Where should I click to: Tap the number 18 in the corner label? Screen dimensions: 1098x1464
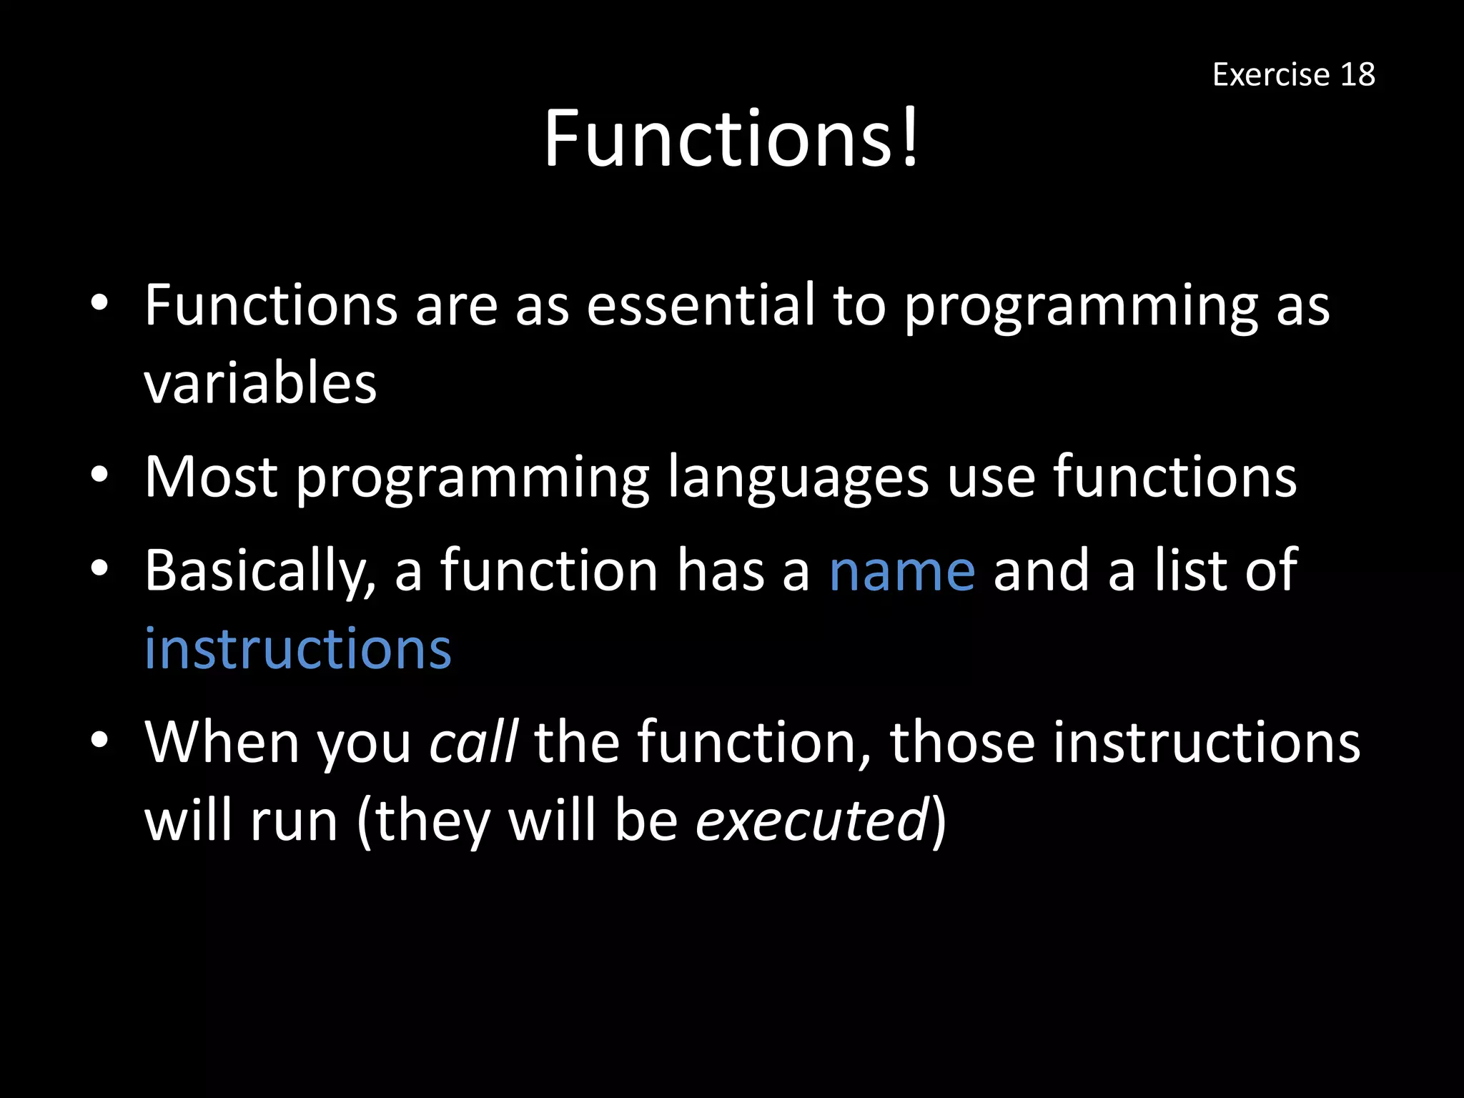coord(1357,74)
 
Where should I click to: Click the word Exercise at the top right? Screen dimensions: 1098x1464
coord(1270,74)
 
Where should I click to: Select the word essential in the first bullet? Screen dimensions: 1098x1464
coord(701,305)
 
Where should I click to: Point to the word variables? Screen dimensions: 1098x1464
coord(260,384)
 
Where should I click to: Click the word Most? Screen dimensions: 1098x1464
coord(211,477)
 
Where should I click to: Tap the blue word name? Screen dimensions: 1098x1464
coord(902,572)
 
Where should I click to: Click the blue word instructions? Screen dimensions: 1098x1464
coord(298,649)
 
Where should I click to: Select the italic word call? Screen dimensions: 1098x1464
coord(473,742)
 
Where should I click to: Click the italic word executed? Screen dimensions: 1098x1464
coord(812,821)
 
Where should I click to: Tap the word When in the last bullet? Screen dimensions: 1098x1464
coord(222,742)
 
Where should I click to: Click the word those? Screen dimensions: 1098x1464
coord(962,742)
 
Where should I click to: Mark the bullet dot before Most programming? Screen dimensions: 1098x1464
coord(99,475)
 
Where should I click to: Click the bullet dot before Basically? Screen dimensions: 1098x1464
coord(99,568)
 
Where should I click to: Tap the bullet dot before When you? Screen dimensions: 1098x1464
coord(99,740)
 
